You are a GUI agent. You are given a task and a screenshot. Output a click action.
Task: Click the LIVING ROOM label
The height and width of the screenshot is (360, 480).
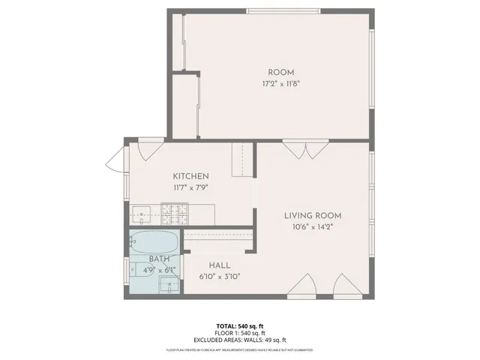click(x=313, y=216)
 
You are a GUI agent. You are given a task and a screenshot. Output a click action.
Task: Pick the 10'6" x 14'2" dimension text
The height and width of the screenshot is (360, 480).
click(x=313, y=227)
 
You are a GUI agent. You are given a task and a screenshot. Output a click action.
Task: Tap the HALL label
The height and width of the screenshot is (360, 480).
click(x=220, y=265)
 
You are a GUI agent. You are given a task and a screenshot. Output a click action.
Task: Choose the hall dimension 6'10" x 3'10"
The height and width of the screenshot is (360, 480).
click(x=220, y=277)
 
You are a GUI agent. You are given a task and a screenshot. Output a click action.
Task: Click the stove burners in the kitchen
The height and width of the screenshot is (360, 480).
click(x=171, y=215)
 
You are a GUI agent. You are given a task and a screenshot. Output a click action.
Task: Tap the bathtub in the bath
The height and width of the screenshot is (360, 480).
click(x=154, y=242)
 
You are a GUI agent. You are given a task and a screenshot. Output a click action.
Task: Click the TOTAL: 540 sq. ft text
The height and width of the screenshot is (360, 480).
click(x=239, y=326)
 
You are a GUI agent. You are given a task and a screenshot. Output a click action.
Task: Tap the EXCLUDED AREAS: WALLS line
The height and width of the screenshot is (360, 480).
click(x=239, y=340)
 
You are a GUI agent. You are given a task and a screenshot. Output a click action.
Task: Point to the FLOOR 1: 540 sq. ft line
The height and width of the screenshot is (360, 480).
click(x=239, y=333)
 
